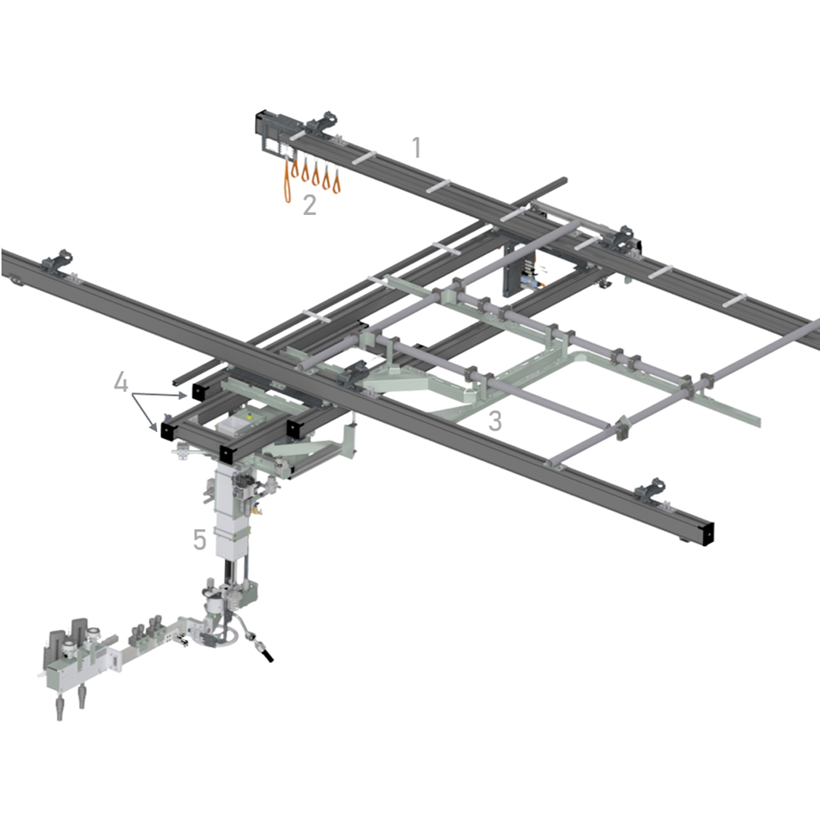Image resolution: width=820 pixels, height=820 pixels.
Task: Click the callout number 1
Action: click(417, 147)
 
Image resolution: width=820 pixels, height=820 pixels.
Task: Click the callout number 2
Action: click(310, 205)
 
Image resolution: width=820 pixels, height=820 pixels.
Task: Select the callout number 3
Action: click(495, 421)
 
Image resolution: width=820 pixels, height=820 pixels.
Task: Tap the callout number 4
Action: click(121, 382)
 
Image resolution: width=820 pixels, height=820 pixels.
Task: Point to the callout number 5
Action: click(199, 539)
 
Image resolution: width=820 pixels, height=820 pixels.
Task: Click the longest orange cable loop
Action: click(288, 181)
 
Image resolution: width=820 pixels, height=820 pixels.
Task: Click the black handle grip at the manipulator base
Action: click(266, 654)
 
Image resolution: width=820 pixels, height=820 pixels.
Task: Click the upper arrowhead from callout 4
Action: click(183, 396)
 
